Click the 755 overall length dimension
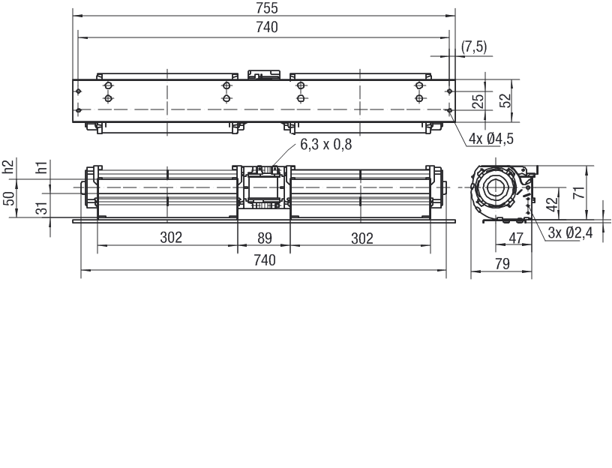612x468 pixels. coord(266,8)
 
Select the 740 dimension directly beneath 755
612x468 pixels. coord(266,28)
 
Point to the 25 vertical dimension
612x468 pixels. coord(478,101)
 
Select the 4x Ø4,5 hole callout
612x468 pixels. coord(490,139)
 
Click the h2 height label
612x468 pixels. coord(8,167)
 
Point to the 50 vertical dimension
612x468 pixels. coord(8,199)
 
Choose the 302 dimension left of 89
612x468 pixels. coord(171,238)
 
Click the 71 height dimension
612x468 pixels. coord(578,192)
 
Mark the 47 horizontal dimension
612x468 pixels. coord(516,238)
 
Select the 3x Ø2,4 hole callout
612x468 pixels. coord(570,232)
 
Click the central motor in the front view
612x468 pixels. coord(263,192)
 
